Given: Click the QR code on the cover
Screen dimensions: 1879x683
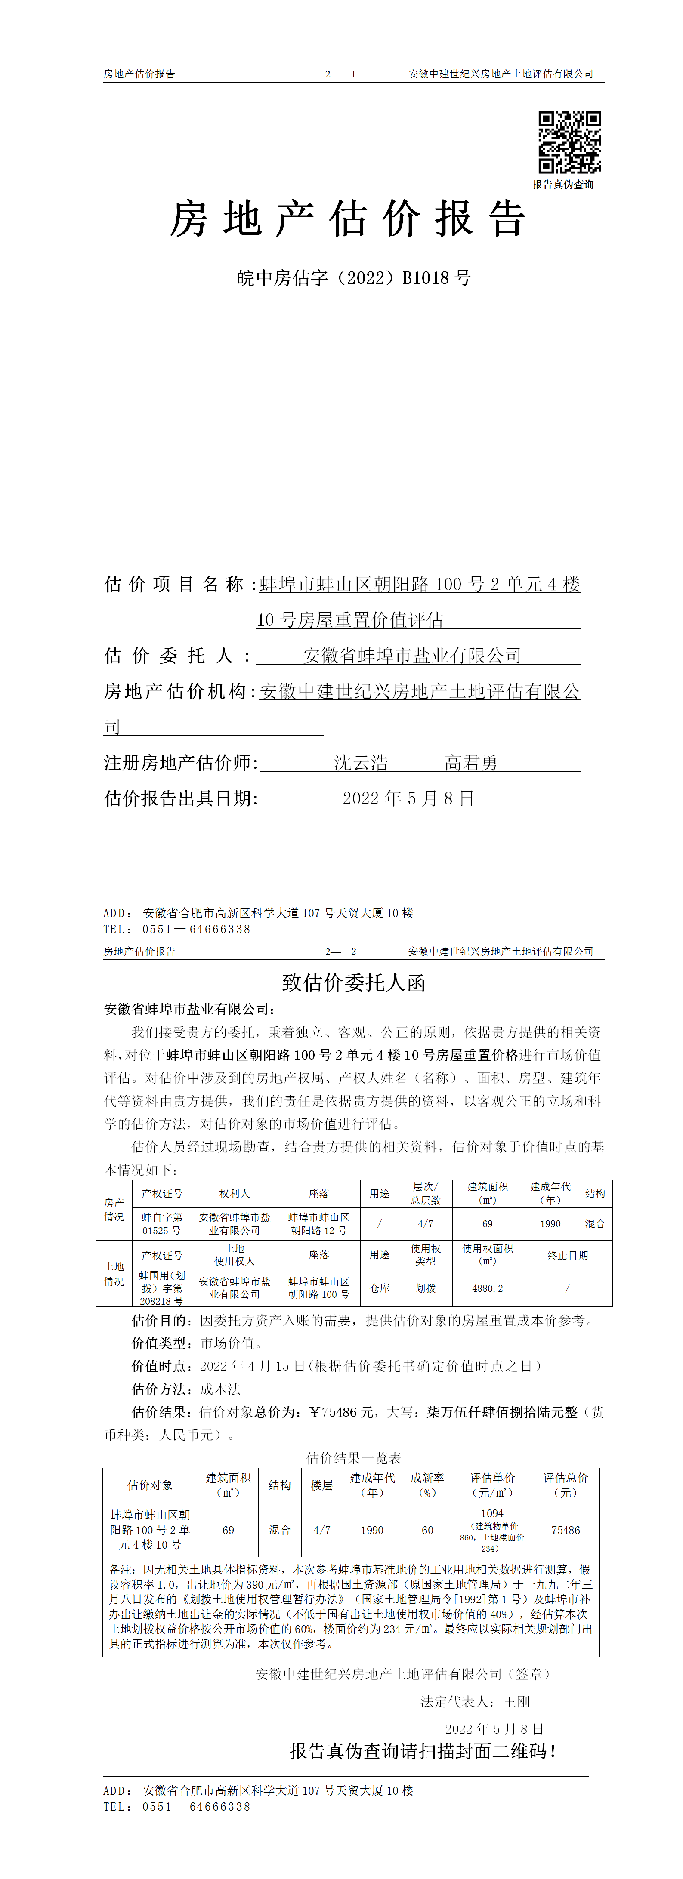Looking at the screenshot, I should [x=569, y=142].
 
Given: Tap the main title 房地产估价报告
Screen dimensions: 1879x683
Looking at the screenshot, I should [x=347, y=219].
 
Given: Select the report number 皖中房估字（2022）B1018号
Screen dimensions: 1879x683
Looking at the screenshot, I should [x=354, y=278].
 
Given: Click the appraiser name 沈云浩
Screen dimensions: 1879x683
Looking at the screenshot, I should [x=361, y=763].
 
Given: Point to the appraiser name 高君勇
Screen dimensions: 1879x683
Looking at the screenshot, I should [x=471, y=763].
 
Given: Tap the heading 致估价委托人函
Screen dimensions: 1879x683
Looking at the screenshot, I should [x=354, y=983].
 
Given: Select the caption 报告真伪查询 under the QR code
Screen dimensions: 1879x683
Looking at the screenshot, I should [x=562, y=185].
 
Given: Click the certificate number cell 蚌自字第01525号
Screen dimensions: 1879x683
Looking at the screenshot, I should [x=161, y=1223].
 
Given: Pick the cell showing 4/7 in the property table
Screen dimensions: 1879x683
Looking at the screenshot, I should [x=425, y=1223].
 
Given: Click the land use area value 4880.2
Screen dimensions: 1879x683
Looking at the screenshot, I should [x=488, y=1288].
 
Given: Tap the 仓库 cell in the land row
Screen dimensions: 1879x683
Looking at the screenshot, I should [x=380, y=1288].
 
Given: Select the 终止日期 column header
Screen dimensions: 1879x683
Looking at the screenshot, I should [x=567, y=1255].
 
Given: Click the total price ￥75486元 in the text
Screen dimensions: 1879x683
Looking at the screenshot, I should [x=341, y=1412].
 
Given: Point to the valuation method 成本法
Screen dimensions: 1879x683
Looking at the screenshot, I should [x=220, y=1389].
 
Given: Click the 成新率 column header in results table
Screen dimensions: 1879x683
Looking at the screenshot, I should [x=427, y=1485].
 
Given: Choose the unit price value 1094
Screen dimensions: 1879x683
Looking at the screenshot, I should [x=492, y=1513].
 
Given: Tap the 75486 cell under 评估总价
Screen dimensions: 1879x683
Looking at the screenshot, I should [x=566, y=1530].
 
